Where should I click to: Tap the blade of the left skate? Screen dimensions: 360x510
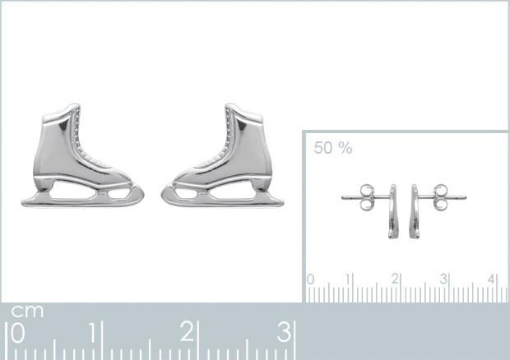82,197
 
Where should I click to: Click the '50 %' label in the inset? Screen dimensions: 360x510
332,148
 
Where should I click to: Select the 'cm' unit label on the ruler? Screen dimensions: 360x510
27,312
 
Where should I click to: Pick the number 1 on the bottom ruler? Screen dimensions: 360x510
95,333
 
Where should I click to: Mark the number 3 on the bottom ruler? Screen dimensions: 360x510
283,333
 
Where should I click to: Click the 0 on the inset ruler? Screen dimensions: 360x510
310,279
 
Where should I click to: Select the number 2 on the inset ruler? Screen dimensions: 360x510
395,279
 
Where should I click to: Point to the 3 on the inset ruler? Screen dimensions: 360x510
443,279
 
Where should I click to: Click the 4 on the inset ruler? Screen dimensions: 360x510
491,279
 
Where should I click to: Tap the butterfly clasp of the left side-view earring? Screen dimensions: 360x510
367,196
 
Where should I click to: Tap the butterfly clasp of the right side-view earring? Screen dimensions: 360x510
440,196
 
